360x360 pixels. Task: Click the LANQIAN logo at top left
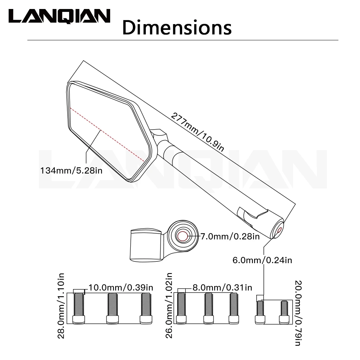[x=59, y=16]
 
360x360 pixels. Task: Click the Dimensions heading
[x=177, y=28]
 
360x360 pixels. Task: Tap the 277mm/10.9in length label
[x=197, y=132]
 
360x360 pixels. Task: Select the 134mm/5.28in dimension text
[x=71, y=171]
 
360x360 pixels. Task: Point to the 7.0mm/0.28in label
[x=230, y=236]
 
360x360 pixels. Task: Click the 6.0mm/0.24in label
[x=262, y=260]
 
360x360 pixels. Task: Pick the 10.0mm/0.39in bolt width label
[x=121, y=287]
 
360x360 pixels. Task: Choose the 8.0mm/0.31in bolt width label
[x=222, y=287]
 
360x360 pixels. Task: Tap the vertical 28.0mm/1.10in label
[x=61, y=306]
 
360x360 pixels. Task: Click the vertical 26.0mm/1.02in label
[x=169, y=305]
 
